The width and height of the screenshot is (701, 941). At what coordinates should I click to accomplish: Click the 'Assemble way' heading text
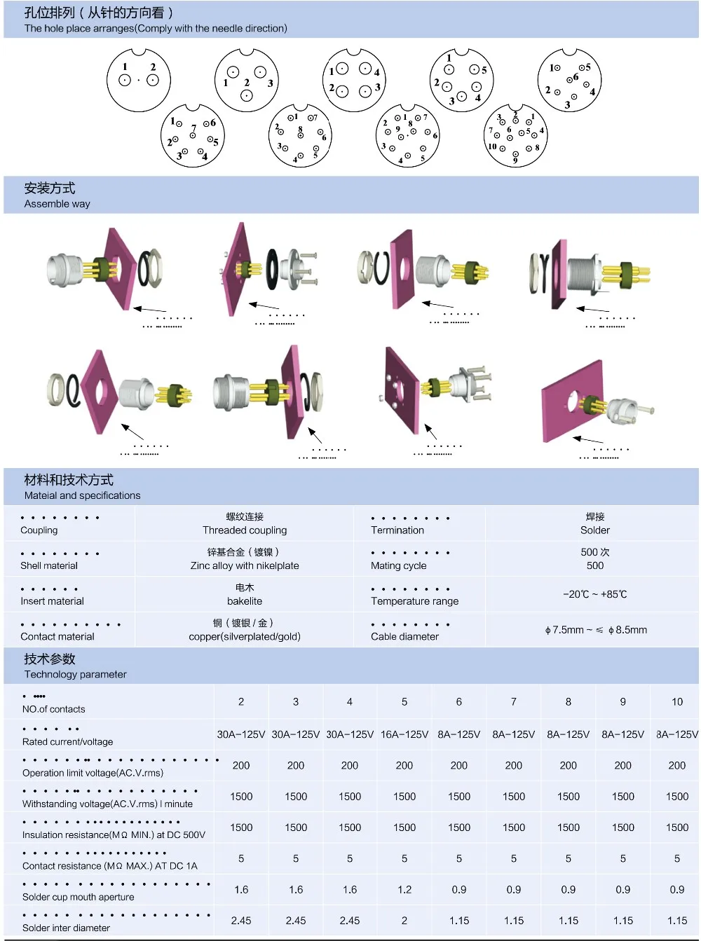57,204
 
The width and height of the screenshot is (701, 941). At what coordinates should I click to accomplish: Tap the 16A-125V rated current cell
404,734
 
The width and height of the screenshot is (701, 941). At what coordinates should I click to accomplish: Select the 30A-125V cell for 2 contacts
241,734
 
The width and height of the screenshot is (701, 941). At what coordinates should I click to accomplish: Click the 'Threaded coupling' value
245,530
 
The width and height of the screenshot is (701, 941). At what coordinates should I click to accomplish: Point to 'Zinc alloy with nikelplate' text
245,565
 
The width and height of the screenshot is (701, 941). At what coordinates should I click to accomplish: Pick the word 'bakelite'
245,601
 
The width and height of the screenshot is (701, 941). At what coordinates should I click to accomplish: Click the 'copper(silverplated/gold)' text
245,636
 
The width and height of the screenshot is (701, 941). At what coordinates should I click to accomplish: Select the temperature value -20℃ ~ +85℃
594,594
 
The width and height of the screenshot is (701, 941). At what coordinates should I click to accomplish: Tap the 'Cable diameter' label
404,636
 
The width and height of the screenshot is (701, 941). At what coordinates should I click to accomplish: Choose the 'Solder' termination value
594,530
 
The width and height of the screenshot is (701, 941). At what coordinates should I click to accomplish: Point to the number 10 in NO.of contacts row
676,701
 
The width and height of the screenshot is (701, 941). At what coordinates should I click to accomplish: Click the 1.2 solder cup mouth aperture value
404,889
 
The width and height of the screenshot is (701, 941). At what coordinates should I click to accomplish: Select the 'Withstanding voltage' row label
107,804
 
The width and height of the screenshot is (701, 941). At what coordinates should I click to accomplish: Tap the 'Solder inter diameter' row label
66,928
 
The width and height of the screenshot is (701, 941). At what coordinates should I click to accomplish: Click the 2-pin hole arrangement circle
139,80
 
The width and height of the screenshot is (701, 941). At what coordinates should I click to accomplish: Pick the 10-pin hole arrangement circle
515,136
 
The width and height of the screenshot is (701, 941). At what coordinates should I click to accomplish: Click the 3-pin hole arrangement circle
247,80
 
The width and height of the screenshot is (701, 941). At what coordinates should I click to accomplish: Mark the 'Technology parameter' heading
75,674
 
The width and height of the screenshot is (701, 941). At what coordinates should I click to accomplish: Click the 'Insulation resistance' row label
114,834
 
